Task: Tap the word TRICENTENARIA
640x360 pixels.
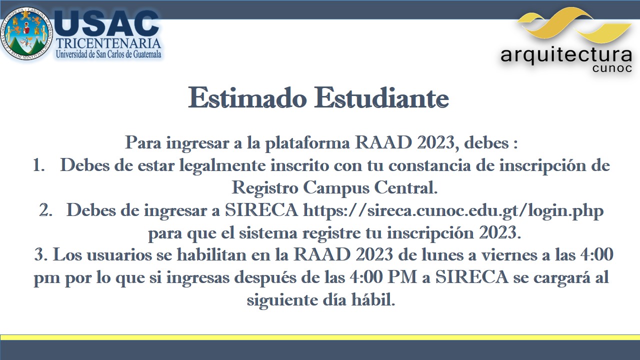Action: coord(108,43)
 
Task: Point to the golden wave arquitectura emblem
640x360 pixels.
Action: coord(574,25)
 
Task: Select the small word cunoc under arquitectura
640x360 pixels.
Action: coord(612,68)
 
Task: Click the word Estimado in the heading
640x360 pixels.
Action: coord(247,98)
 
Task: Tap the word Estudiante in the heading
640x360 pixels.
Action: coord(381,98)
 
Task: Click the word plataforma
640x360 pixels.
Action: coord(307,143)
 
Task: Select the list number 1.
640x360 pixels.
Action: coord(38,165)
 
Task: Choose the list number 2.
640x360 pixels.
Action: coord(45,210)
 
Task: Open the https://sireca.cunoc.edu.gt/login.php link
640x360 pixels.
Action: coord(453,211)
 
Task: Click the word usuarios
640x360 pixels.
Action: coord(119,255)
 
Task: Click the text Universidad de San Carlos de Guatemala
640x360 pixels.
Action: coord(108,54)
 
